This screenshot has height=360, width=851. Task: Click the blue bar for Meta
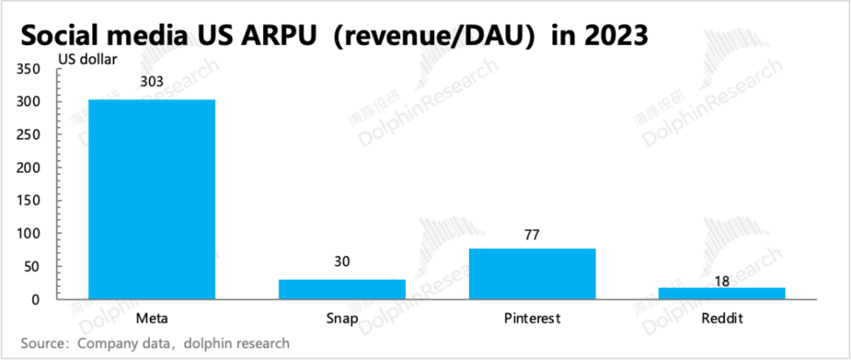tap(152, 199)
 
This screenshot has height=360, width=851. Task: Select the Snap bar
tap(342, 289)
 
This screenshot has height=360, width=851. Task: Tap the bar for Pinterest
tap(532, 273)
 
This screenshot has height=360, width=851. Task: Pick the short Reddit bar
tap(722, 294)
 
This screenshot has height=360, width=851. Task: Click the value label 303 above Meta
tap(152, 83)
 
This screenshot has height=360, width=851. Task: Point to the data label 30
tap(342, 263)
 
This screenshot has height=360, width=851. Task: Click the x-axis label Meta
tap(152, 318)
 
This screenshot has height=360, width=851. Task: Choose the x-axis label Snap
tap(342, 319)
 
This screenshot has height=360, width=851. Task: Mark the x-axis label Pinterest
tap(533, 318)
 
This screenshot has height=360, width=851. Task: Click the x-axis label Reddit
tap(722, 318)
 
